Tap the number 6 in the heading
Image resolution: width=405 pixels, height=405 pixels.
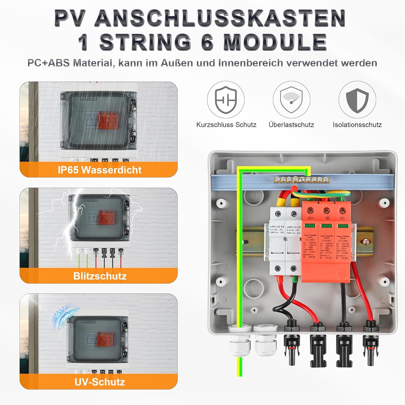point(207,42)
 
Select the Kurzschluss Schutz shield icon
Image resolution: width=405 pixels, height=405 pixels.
point(226,100)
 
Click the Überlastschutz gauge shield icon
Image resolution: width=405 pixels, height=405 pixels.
point(291,100)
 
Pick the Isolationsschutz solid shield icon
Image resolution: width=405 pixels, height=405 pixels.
point(357,100)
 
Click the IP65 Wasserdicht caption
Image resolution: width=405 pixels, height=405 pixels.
point(99,170)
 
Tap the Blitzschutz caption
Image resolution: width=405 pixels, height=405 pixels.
point(100,276)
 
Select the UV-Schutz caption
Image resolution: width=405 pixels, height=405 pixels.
point(100,382)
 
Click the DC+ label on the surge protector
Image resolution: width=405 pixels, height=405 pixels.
point(310,218)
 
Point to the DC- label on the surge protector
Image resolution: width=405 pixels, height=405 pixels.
point(343,218)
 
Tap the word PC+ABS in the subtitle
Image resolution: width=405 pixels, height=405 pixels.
point(48,63)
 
